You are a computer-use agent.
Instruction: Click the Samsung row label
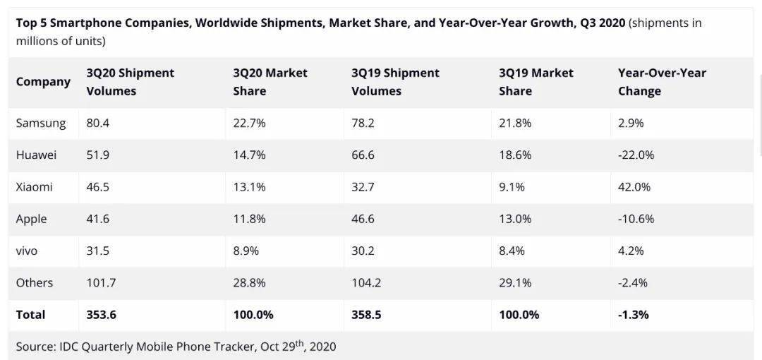pos(41,124)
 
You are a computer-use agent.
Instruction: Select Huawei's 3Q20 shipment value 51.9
pos(97,155)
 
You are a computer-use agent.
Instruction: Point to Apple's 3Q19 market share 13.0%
pos(515,219)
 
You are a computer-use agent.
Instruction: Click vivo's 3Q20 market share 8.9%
pos(246,251)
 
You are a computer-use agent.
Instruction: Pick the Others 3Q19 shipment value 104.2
pos(366,282)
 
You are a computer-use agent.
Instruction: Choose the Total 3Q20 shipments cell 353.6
pos(102,315)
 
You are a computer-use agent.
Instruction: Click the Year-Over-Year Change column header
pos(662,82)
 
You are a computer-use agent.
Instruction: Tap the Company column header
pos(43,82)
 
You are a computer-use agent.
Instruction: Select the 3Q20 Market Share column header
pos(270,82)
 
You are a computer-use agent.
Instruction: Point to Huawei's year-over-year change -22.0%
pos(636,155)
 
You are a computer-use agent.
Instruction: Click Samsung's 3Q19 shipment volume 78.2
pos(363,124)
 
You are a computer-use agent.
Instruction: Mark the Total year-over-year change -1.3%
pos(633,315)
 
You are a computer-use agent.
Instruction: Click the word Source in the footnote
pos(35,347)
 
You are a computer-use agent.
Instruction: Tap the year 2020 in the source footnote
pos(322,347)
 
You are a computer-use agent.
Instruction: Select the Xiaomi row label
pos(34,187)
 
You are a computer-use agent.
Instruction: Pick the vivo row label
pos(27,251)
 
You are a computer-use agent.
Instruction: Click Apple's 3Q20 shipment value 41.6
pos(97,219)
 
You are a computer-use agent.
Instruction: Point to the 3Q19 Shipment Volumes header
pos(395,82)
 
